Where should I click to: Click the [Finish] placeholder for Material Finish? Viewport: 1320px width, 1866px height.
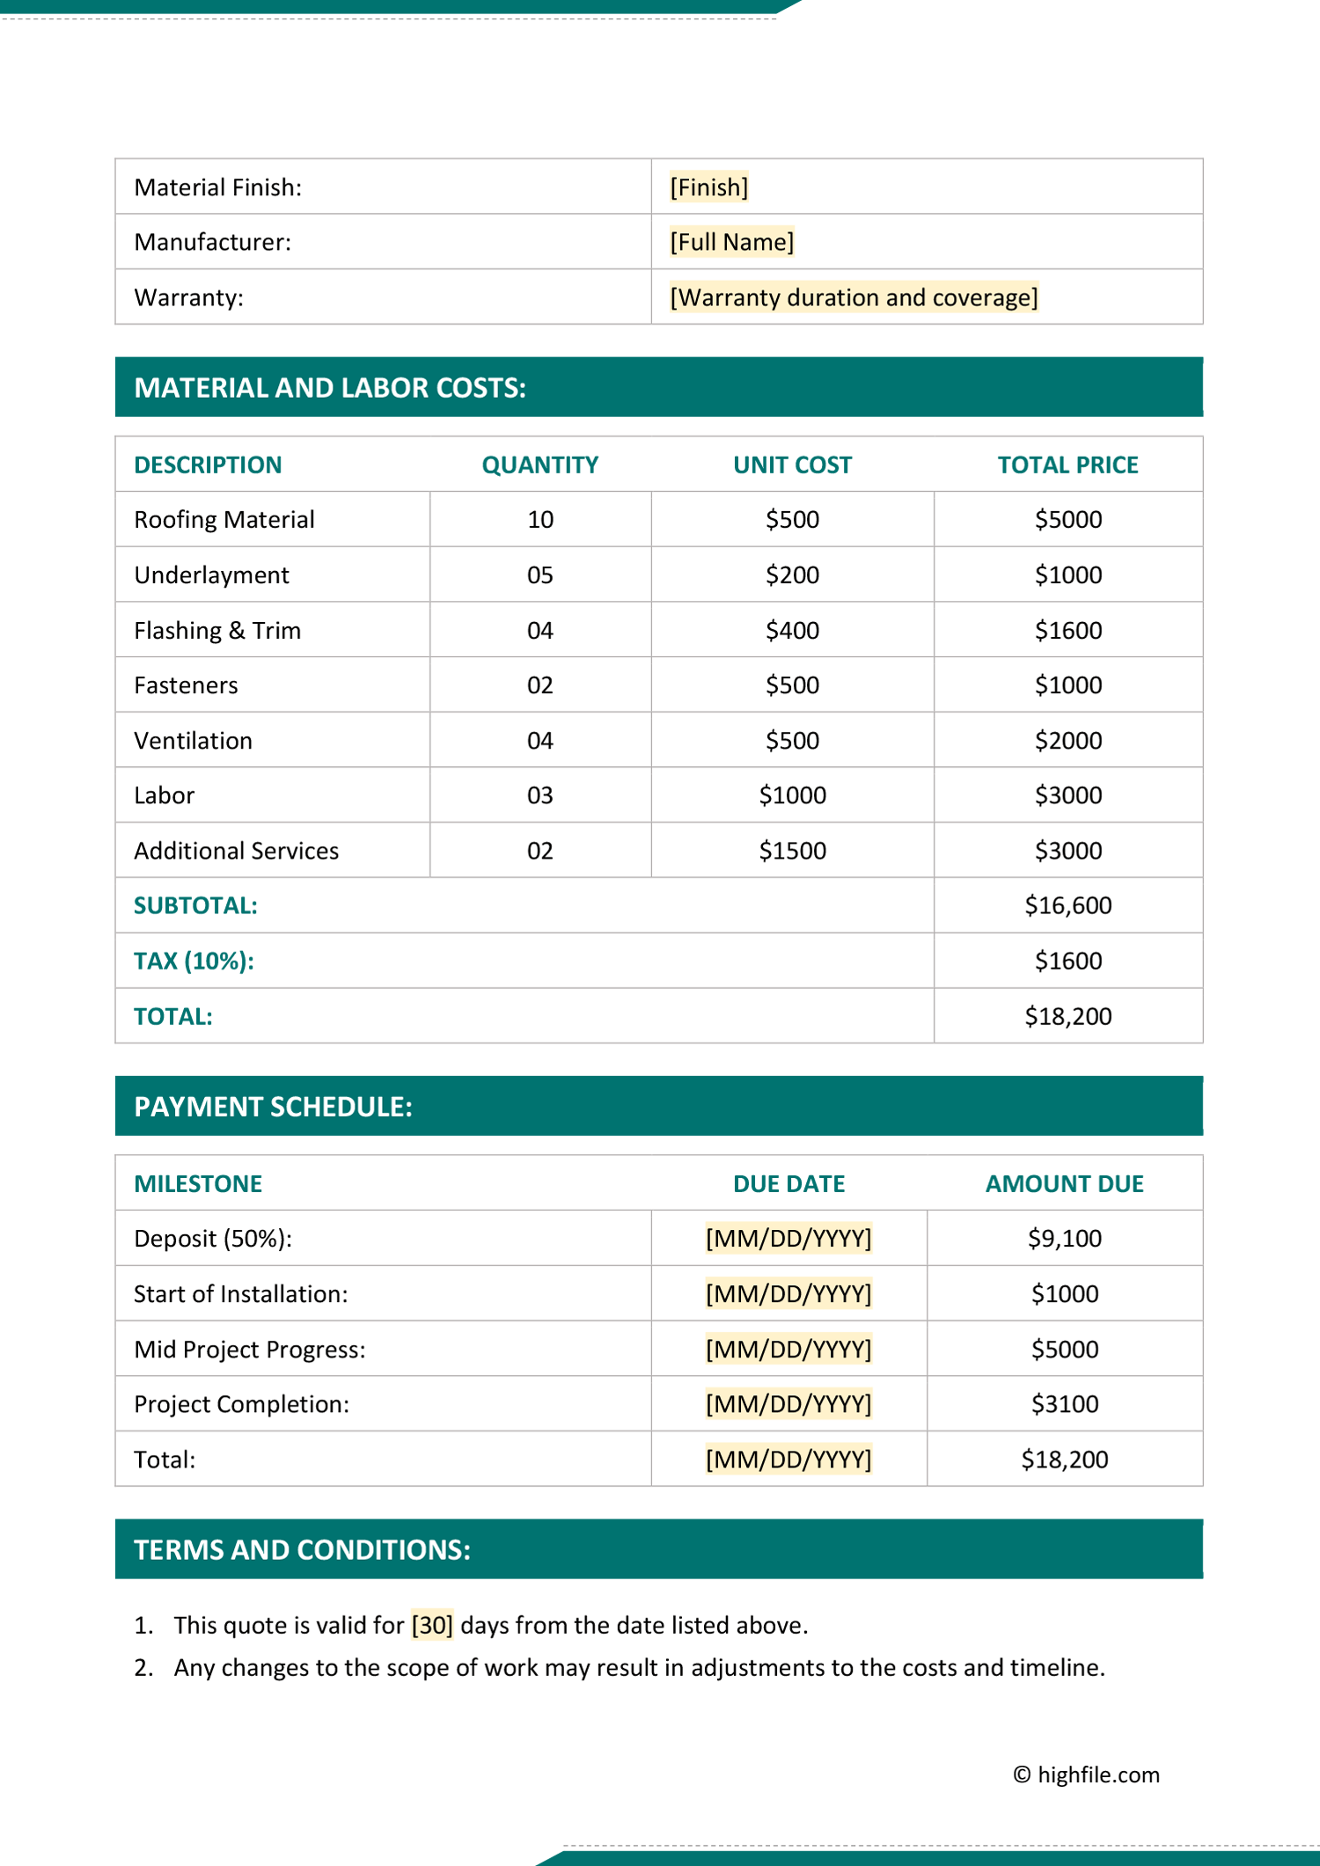[x=708, y=187]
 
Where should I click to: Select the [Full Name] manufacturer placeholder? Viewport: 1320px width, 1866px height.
[x=731, y=242]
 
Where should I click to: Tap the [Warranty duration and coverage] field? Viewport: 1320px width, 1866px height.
[x=854, y=297]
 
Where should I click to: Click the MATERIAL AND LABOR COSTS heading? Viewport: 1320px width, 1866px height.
[x=330, y=388]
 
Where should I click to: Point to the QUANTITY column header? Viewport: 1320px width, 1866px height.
[x=539, y=465]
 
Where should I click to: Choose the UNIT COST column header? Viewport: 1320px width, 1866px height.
[x=792, y=465]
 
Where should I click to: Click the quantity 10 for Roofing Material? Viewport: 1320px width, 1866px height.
[x=540, y=520]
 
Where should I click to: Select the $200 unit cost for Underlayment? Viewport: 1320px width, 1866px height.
[x=792, y=575]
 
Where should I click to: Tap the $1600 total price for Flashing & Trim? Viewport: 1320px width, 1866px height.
[x=1067, y=631]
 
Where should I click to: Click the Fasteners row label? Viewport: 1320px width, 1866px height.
[x=186, y=685]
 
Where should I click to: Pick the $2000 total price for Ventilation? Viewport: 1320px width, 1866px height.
[x=1067, y=741]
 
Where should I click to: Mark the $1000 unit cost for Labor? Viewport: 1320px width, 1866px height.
[x=792, y=795]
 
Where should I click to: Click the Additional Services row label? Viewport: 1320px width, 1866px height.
[x=236, y=851]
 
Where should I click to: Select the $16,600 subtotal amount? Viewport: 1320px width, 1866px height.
[x=1067, y=905]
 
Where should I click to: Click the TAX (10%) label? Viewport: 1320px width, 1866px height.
[x=194, y=961]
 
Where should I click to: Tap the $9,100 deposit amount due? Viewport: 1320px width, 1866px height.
[x=1064, y=1239]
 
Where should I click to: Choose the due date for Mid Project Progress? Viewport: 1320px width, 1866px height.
[x=788, y=1350]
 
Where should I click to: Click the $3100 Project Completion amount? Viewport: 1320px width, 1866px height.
[x=1064, y=1404]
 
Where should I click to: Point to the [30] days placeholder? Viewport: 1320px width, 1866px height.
[x=432, y=1625]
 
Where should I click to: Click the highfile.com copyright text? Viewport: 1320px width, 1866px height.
[x=1086, y=1775]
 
